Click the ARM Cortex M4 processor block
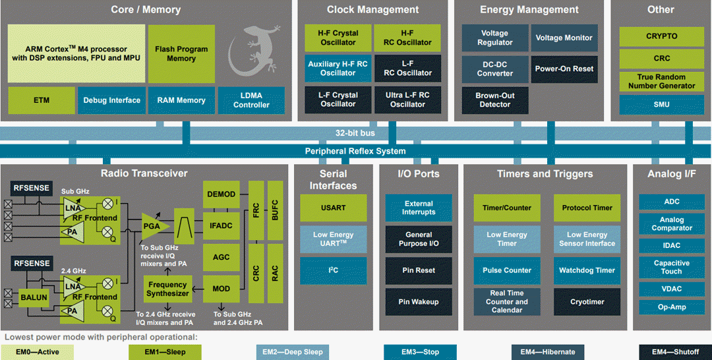[76, 53]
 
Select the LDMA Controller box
[251, 100]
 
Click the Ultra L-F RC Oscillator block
[407, 100]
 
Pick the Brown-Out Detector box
[494, 100]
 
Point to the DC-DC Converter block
[494, 69]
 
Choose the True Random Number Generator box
[661, 81]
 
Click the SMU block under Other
[661, 105]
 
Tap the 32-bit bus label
[355, 133]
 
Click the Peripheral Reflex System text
[355, 151]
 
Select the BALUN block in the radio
[34, 297]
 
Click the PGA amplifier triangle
[154, 226]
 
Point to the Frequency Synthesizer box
[167, 289]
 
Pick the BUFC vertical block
[274, 209]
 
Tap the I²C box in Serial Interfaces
[333, 270]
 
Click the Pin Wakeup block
[418, 302]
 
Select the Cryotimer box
[587, 302]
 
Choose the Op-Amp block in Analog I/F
[672, 307]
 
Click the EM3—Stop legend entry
[420, 352]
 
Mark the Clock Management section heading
[372, 10]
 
